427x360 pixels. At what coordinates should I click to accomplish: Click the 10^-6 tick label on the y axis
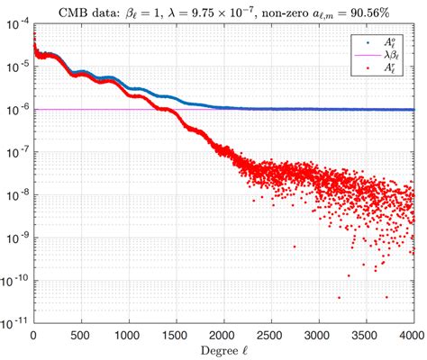[x=17, y=109]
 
